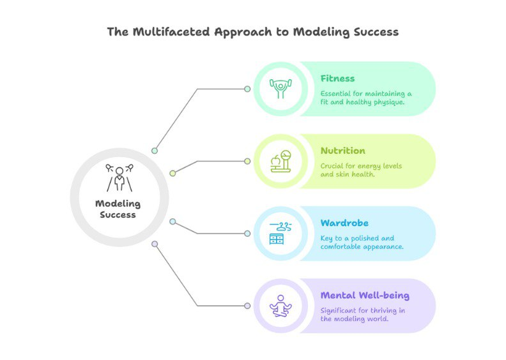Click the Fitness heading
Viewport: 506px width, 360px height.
coord(337,79)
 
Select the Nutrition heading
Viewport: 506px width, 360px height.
coord(342,151)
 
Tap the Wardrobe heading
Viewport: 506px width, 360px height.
coord(344,223)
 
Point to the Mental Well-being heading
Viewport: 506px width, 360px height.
coord(365,296)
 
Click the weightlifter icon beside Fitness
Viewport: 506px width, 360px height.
coord(280,89)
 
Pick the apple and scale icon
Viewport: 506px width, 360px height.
coord(280,161)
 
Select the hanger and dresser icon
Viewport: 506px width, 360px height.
coord(280,234)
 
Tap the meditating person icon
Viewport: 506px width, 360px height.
coord(280,306)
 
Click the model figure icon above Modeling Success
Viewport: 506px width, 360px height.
coord(119,177)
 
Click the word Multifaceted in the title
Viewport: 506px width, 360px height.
coord(171,32)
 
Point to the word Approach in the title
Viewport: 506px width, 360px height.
coord(243,33)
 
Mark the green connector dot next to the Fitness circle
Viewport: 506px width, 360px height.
coord(247,89)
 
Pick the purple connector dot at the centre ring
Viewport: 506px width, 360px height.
coord(155,244)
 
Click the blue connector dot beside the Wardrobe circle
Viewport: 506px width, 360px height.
coord(247,234)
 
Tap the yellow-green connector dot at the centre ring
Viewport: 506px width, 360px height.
coord(172,174)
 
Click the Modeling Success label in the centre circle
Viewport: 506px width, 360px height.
coord(118,209)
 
